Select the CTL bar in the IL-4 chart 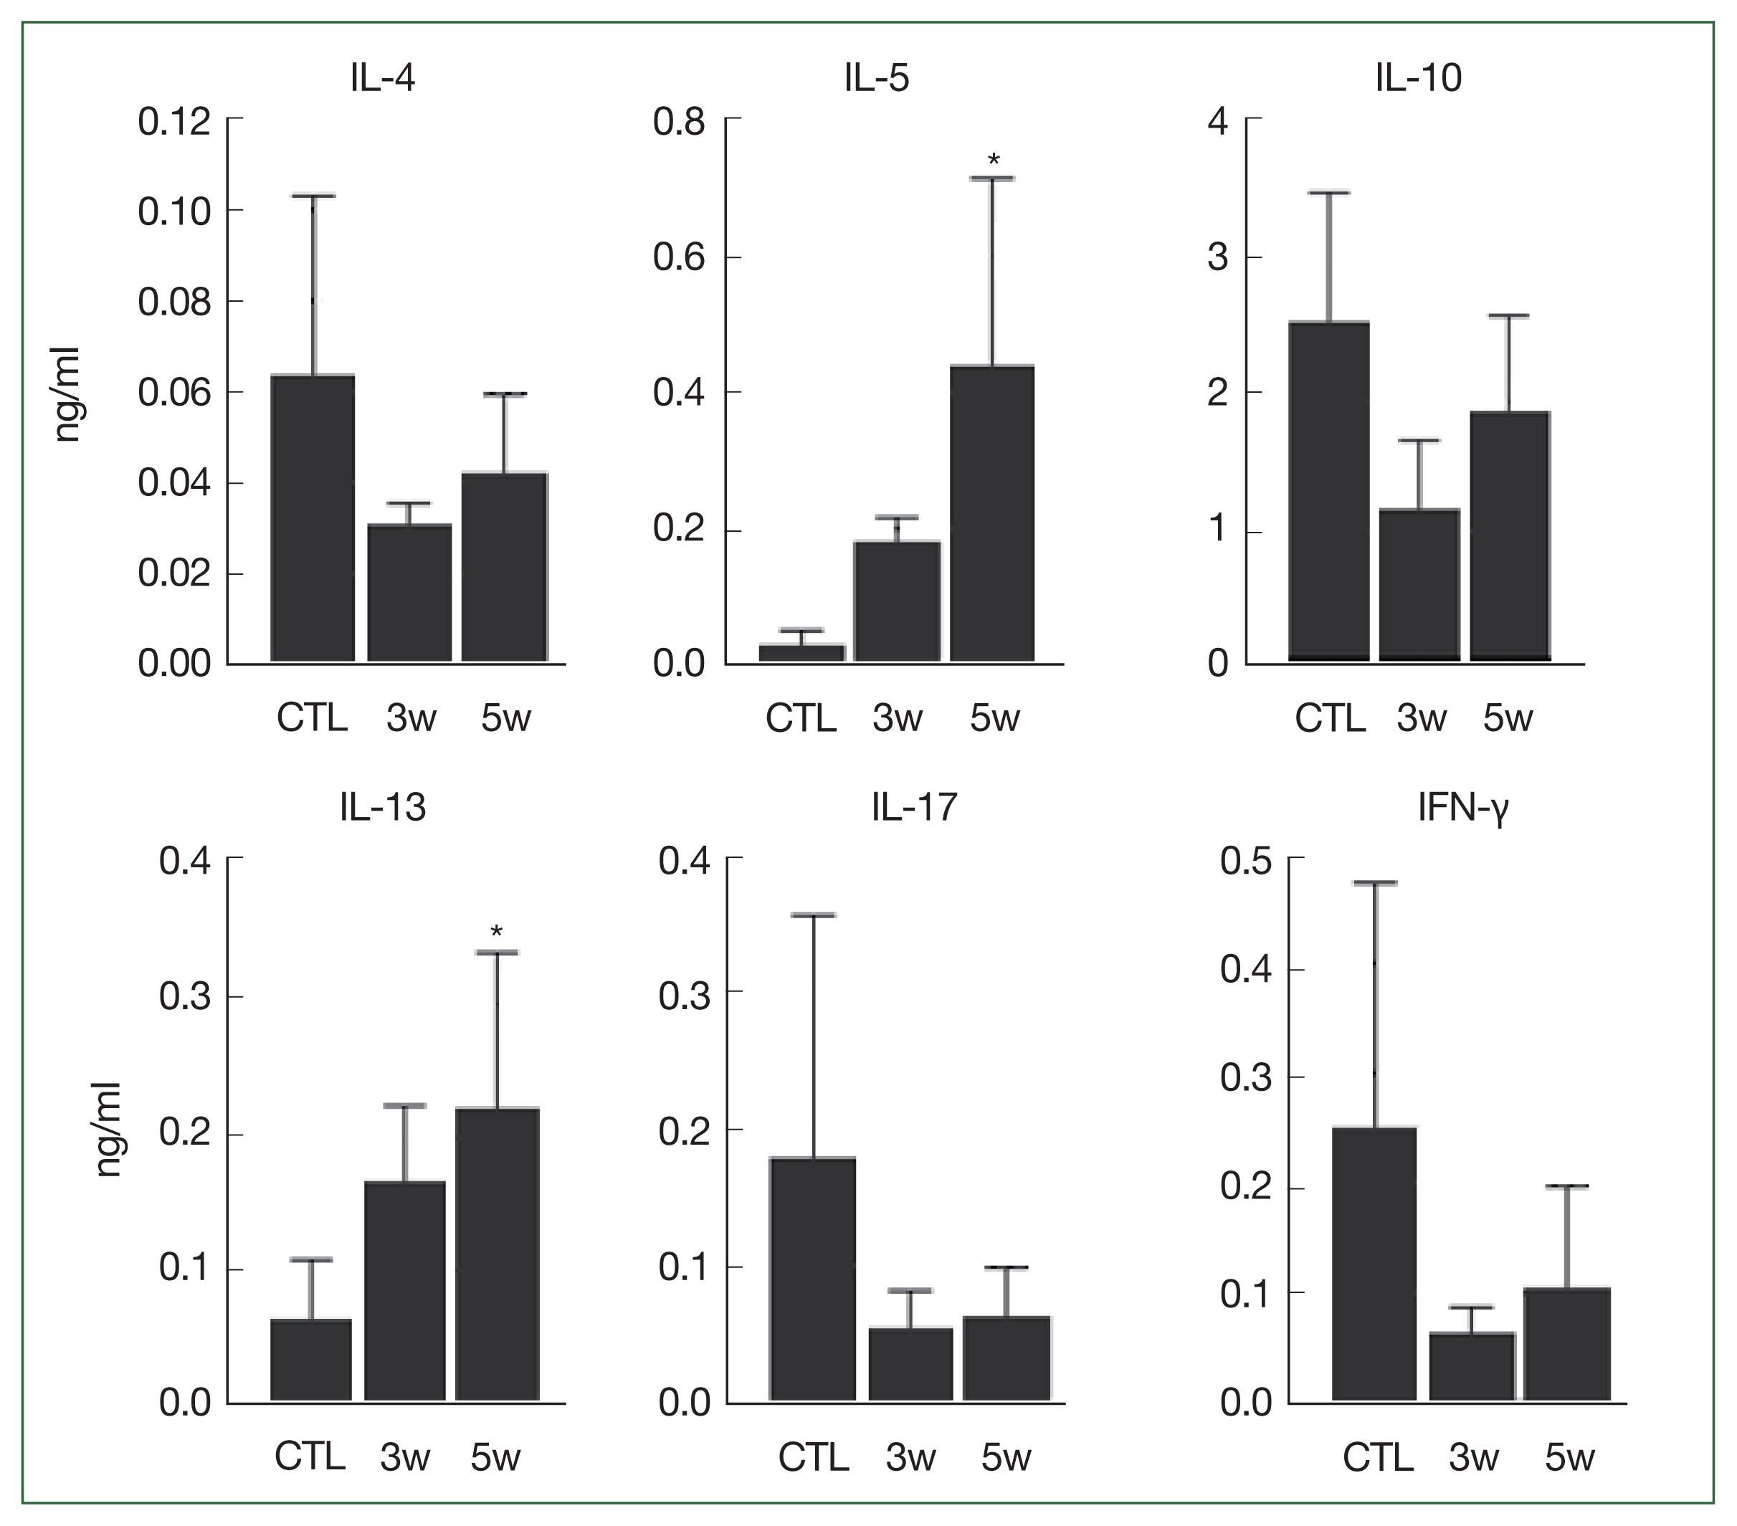point(313,518)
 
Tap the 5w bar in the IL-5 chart point(991,514)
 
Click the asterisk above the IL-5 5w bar point(994,161)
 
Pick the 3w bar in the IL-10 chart point(1419,586)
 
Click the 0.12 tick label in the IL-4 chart point(174,122)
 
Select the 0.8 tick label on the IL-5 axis point(679,122)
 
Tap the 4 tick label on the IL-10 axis point(1218,122)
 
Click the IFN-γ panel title point(1463,808)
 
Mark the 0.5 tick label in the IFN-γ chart point(1246,861)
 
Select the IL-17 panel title point(915,807)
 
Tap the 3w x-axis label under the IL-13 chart point(404,1458)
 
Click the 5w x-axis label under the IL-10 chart point(1508,719)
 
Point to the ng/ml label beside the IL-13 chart point(109,1130)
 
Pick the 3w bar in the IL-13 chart point(404,1291)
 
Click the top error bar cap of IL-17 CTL point(813,915)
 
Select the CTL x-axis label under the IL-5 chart point(801,719)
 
